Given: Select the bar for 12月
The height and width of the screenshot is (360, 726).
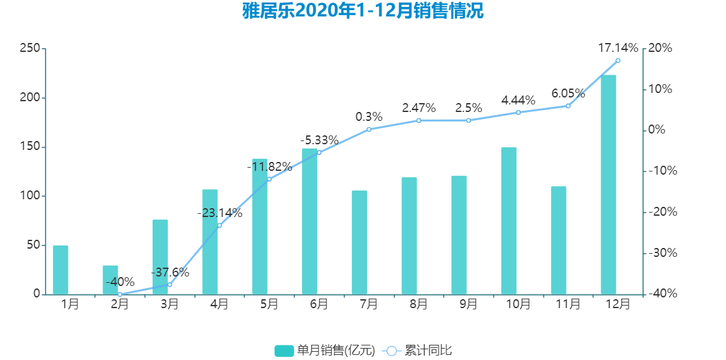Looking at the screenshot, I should click(x=608, y=185).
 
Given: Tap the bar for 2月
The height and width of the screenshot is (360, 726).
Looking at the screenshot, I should click(x=110, y=280).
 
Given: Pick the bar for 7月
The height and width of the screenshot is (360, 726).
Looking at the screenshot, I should click(x=360, y=242).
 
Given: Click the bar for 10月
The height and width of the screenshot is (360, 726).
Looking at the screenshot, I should click(x=509, y=221).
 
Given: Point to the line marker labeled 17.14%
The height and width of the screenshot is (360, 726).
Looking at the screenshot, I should click(x=618, y=61).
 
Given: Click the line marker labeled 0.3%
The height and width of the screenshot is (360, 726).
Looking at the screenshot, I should click(x=369, y=130).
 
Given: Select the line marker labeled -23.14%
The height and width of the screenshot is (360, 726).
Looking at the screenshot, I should click(x=220, y=225).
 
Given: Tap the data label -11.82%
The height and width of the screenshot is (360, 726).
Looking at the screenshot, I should click(x=270, y=167).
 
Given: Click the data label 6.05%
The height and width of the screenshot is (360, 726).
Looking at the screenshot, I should click(x=568, y=93).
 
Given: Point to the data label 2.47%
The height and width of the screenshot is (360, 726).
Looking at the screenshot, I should click(x=419, y=108).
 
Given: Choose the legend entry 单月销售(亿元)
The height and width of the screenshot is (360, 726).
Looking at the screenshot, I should click(x=325, y=351).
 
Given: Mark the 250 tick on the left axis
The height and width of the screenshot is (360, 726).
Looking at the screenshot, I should click(x=30, y=49).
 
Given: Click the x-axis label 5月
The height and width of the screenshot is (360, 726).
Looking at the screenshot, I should click(x=270, y=304).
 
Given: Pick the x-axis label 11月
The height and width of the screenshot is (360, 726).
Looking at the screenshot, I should click(x=568, y=304).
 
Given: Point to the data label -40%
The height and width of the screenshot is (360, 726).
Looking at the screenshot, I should click(x=120, y=282).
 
